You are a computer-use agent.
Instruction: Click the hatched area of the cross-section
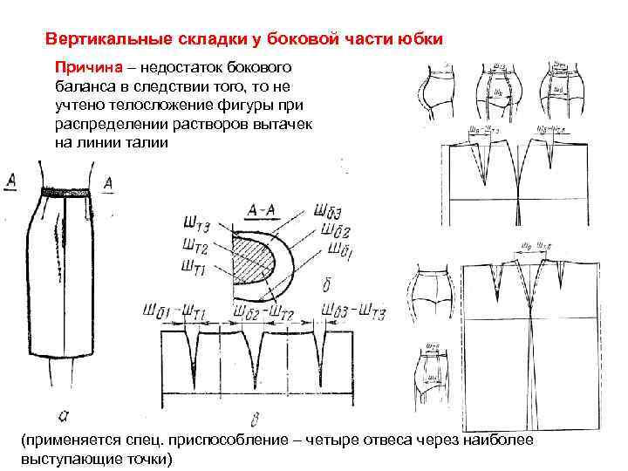[254, 257]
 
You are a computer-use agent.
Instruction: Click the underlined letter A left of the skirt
[12, 181]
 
